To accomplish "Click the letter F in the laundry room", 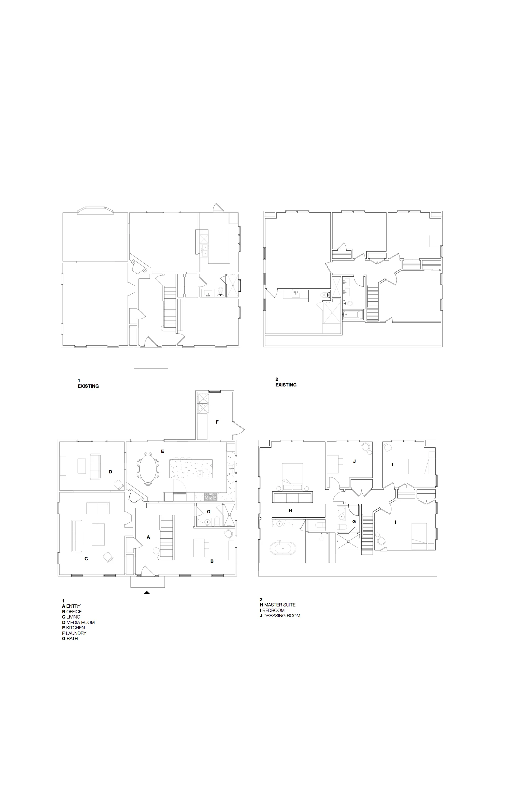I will coord(217,422).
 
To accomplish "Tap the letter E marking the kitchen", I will coord(163,451).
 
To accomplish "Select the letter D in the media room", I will coord(111,472).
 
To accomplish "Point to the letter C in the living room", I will coord(86,558).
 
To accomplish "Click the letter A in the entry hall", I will coord(148,537).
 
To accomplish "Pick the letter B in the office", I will coord(212,561).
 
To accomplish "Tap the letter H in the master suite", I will coord(290,511).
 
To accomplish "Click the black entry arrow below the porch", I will coord(147,592).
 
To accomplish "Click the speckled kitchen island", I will coord(191,468).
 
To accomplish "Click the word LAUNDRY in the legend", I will coord(76,633).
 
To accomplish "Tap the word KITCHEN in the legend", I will coord(75,628).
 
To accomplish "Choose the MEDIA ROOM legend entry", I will coord(80,623).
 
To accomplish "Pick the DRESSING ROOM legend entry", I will coord(282,616).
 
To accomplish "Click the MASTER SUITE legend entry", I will coord(280,605).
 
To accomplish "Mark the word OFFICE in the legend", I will coord(74,612).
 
